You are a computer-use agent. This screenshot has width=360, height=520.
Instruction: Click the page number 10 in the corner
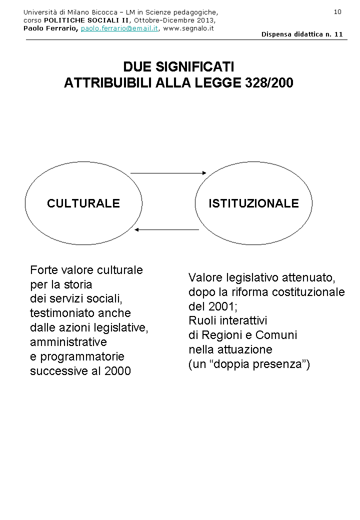pos(337,12)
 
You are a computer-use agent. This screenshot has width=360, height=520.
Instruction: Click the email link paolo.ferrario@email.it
pos(119,28)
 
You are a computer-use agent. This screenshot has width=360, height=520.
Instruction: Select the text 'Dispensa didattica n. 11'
pos(302,34)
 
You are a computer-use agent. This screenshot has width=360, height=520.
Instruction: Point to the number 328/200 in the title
pos(269,83)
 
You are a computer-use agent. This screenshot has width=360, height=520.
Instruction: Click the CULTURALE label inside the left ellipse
pos(83,203)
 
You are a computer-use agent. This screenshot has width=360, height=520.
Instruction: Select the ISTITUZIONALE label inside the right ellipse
pos(253,203)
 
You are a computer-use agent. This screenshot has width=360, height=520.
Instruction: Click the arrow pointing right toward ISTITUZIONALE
pos(168,173)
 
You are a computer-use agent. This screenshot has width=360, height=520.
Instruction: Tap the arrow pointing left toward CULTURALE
pos(167,230)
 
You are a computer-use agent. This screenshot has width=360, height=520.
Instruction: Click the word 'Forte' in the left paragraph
pos(43,270)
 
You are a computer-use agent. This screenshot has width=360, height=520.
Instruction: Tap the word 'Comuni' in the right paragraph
pos(278,335)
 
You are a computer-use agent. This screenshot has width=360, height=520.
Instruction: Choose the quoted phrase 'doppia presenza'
pos(260,364)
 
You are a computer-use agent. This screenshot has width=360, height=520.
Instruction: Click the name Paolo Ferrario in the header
pos(50,28)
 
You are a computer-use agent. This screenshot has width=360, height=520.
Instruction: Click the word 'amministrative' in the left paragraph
pos(68,342)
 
